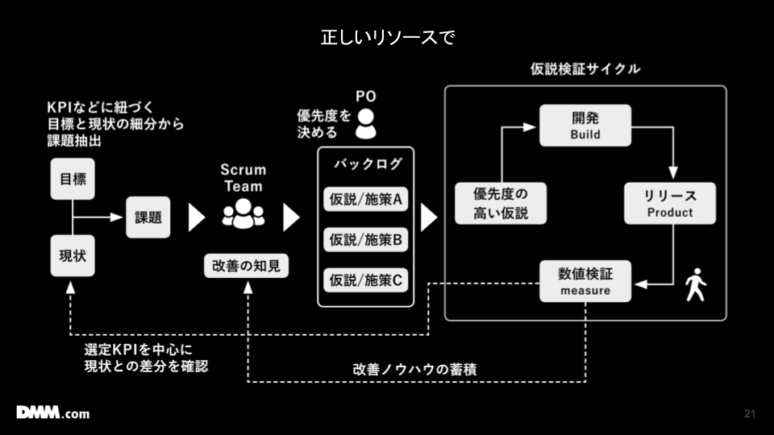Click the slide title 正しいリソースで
tap(387, 37)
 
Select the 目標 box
tap(73, 179)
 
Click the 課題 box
tap(148, 217)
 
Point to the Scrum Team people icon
tap(243, 213)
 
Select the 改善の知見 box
tap(246, 266)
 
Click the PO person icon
tap(366, 123)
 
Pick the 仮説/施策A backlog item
tap(365, 199)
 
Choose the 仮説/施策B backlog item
tap(365, 239)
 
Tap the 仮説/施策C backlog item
tap(365, 280)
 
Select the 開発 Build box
tap(585, 125)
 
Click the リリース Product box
tap(669, 203)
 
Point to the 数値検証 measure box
tap(585, 281)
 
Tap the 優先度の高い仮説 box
tap(500, 203)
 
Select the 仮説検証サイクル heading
tap(585, 69)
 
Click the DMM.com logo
tap(53, 413)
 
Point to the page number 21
tap(750, 414)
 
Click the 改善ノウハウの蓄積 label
tap(414, 369)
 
